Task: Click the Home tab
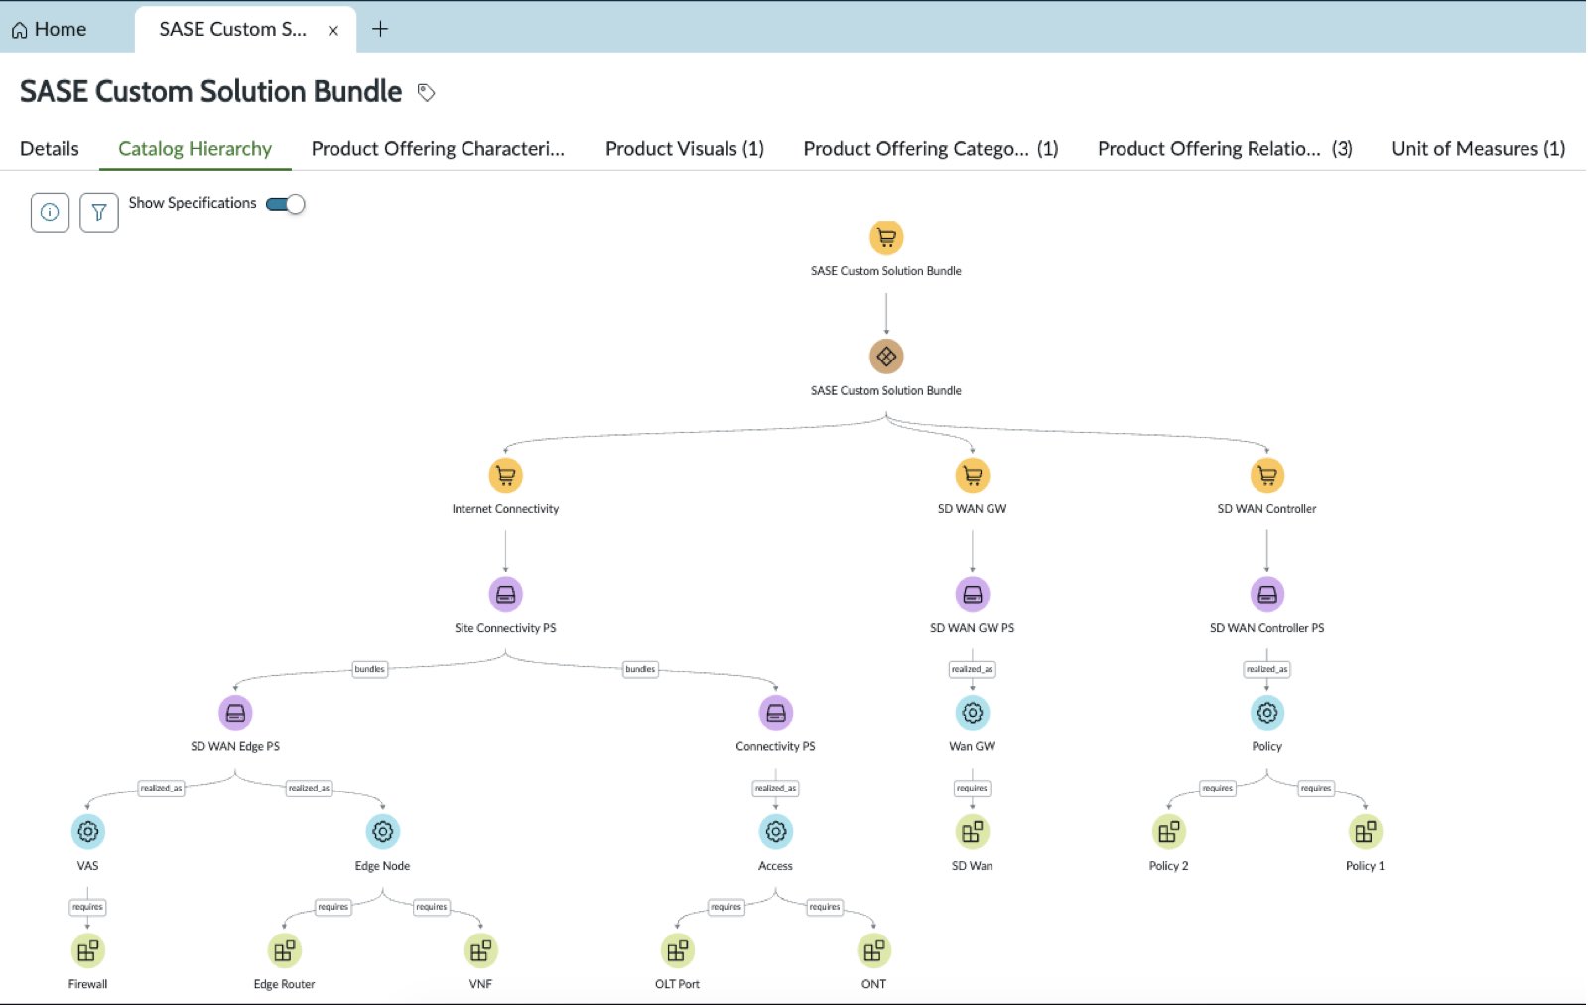coord(49,29)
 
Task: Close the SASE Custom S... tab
coord(333,31)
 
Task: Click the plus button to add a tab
coord(380,29)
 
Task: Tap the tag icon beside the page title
coord(426,93)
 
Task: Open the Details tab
coord(50,148)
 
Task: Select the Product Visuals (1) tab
coord(684,148)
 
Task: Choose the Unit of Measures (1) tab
coord(1478,148)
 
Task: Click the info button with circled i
coord(50,213)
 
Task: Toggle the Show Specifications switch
coord(285,205)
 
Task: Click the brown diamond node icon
coord(886,356)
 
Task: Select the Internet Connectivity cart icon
coord(505,475)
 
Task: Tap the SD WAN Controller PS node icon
coord(1266,594)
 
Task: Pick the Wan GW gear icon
coord(972,713)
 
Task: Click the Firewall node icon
coord(88,951)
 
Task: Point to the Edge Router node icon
coord(284,951)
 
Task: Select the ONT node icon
coord(873,951)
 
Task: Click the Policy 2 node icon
coord(1168,832)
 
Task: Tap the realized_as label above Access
coord(775,788)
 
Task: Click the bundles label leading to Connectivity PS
coord(640,669)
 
